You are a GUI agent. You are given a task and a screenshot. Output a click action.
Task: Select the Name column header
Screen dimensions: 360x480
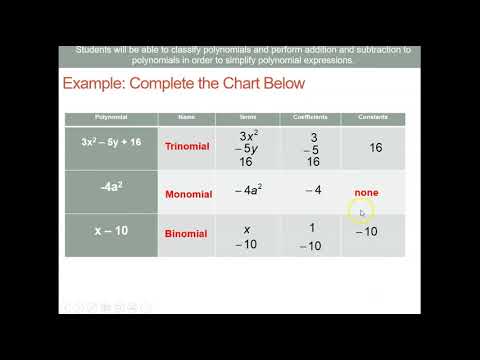(187, 117)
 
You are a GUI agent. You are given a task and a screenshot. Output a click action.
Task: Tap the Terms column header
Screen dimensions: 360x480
(249, 117)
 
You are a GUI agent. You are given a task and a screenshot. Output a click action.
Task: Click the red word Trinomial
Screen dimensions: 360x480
(187, 146)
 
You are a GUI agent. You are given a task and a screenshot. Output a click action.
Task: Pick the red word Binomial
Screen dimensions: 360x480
(186, 234)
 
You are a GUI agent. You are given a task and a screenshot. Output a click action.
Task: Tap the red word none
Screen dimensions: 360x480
(366, 192)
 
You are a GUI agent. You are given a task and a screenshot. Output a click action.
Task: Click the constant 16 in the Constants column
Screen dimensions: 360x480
(375, 147)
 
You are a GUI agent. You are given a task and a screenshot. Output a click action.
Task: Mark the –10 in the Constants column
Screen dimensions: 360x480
(366, 232)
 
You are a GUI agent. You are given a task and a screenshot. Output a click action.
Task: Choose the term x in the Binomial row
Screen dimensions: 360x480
(247, 228)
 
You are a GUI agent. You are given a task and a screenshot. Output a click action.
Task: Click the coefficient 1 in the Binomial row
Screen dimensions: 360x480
(313, 227)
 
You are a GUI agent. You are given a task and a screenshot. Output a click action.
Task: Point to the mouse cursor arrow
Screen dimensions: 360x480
(363, 211)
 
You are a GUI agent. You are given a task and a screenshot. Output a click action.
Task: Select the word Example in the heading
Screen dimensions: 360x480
(99, 84)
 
